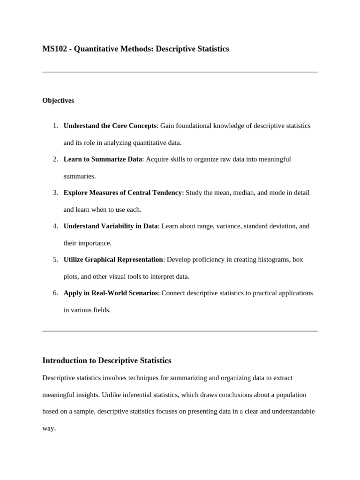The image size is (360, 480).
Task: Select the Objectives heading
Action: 58,100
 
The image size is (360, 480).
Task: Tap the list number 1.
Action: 55,126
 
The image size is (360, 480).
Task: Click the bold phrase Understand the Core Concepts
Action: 110,126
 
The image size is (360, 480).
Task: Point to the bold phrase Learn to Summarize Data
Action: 103,159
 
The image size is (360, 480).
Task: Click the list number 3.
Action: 55,193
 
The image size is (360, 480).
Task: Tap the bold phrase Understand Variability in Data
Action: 111,226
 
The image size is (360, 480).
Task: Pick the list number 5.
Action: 55,259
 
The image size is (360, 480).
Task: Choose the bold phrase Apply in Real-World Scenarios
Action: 111,293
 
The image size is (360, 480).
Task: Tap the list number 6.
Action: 55,293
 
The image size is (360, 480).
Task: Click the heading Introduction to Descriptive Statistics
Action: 107,360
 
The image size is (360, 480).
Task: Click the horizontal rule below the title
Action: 180,72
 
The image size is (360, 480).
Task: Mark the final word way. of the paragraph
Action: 49,428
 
